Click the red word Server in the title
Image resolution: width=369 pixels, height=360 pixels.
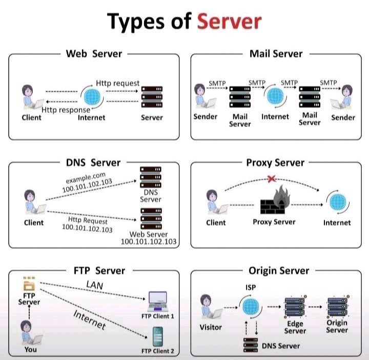tap(229, 22)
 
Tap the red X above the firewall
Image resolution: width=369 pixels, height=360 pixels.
tap(271, 178)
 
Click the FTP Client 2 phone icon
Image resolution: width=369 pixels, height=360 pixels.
tap(158, 337)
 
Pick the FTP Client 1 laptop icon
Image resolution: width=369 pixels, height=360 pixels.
tap(158, 302)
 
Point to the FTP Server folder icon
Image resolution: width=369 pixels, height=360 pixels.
tap(29, 284)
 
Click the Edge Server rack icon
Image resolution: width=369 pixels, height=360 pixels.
tap(295, 306)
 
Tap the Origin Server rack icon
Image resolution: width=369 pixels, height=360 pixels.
tap(337, 306)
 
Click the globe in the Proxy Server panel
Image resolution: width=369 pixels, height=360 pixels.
tap(338, 202)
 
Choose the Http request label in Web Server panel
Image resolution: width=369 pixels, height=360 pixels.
tap(118, 83)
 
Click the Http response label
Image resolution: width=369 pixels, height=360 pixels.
tap(66, 110)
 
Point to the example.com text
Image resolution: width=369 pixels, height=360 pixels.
tap(86, 178)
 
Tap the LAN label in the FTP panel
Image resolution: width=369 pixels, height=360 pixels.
tap(95, 285)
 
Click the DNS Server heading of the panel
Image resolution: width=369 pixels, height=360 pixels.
tap(93, 163)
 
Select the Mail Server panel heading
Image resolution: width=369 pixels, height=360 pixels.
tap(276, 54)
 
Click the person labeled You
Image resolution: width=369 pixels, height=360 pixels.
tap(31, 332)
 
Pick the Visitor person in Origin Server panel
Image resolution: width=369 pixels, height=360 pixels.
tap(211, 307)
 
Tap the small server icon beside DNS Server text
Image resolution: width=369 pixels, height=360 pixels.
tap(251, 345)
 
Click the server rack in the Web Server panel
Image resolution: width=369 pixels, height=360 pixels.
tap(152, 97)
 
